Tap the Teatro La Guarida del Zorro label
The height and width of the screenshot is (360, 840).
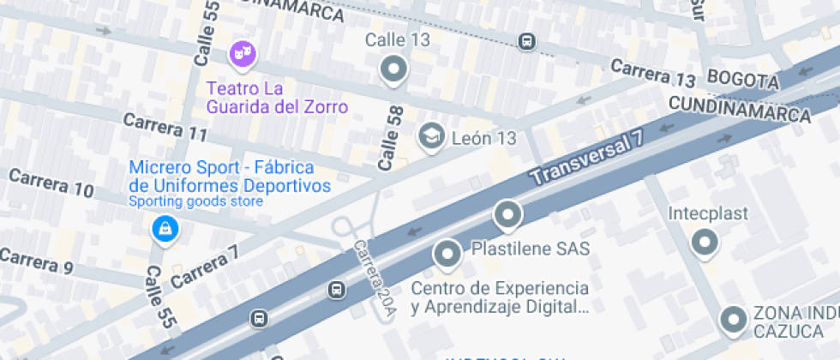click(277, 98)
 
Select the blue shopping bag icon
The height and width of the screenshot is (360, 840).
click(163, 229)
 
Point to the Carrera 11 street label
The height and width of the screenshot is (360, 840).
click(165, 128)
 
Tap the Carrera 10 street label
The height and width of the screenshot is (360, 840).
click(51, 184)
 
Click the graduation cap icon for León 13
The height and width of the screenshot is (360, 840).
click(430, 135)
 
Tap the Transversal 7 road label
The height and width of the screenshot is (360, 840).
click(587, 160)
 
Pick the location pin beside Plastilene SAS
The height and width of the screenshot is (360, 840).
click(447, 254)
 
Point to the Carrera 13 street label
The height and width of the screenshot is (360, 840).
click(652, 74)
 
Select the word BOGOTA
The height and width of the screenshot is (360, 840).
click(742, 81)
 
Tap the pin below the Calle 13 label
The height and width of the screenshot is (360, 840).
click(394, 69)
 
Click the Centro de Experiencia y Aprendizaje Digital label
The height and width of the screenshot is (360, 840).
click(500, 297)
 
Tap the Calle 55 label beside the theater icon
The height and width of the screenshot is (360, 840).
click(207, 33)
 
